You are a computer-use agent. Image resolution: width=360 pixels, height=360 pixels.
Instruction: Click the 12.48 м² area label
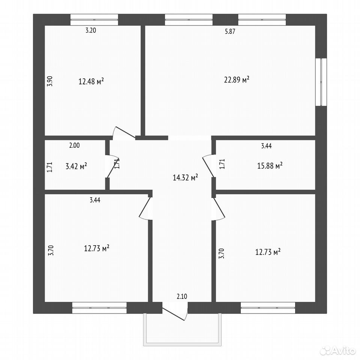(x=91, y=81)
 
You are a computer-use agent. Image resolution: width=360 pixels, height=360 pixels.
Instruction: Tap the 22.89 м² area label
(x=237, y=79)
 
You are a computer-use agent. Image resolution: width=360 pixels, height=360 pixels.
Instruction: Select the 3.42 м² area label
(x=76, y=166)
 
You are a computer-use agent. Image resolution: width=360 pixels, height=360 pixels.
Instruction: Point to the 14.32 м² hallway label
(x=185, y=177)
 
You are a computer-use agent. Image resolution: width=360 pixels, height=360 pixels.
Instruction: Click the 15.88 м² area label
(x=270, y=165)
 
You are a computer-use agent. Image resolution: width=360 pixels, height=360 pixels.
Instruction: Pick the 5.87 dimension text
(x=230, y=31)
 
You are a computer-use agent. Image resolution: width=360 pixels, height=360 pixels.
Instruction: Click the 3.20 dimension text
(x=91, y=30)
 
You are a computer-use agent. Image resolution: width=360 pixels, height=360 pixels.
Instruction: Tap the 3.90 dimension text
(x=50, y=81)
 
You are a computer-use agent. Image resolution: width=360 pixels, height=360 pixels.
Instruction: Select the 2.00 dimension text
(x=74, y=145)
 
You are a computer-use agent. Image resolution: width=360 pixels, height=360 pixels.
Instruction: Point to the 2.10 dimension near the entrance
(x=182, y=296)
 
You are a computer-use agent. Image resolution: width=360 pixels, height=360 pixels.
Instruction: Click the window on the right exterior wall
(x=321, y=82)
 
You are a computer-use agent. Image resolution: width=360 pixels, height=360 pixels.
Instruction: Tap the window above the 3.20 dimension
(x=94, y=20)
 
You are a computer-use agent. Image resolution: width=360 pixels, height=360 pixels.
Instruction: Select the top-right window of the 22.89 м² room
(x=262, y=20)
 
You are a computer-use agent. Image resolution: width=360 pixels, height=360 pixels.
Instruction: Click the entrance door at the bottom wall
(x=175, y=311)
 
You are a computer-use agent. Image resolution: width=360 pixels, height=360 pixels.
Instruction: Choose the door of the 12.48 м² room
(x=124, y=133)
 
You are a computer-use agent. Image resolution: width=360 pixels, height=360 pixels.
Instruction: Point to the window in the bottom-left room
(x=99, y=307)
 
